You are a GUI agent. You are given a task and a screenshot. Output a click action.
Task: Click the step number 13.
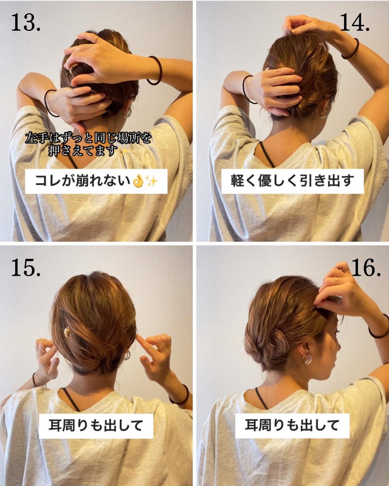click(x=26, y=23)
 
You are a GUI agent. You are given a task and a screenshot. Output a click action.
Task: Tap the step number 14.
click(x=355, y=23)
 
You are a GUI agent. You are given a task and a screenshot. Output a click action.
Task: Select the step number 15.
click(x=26, y=268)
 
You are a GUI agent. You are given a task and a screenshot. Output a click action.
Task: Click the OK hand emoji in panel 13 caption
click(x=138, y=181)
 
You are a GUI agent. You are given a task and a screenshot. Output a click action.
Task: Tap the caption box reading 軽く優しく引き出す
click(x=292, y=181)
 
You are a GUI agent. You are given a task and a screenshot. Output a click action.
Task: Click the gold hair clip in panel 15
click(x=67, y=332)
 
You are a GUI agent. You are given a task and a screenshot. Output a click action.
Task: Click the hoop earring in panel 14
click(x=324, y=114)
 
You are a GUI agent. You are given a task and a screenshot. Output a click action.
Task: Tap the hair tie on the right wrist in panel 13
click(x=154, y=70)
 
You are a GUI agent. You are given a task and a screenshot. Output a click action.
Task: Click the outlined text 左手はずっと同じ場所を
click(x=88, y=138)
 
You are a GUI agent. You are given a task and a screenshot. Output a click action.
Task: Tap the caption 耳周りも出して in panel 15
click(x=96, y=425)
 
